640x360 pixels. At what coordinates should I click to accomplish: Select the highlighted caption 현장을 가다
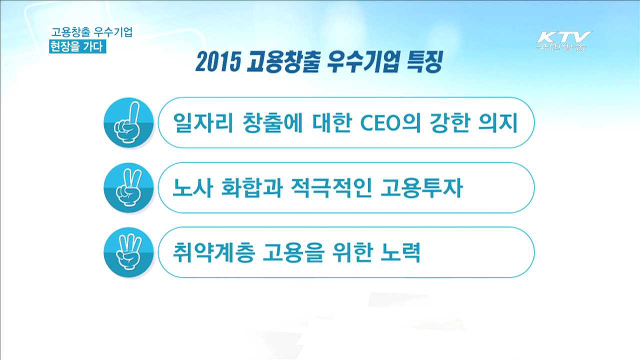point(77,46)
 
